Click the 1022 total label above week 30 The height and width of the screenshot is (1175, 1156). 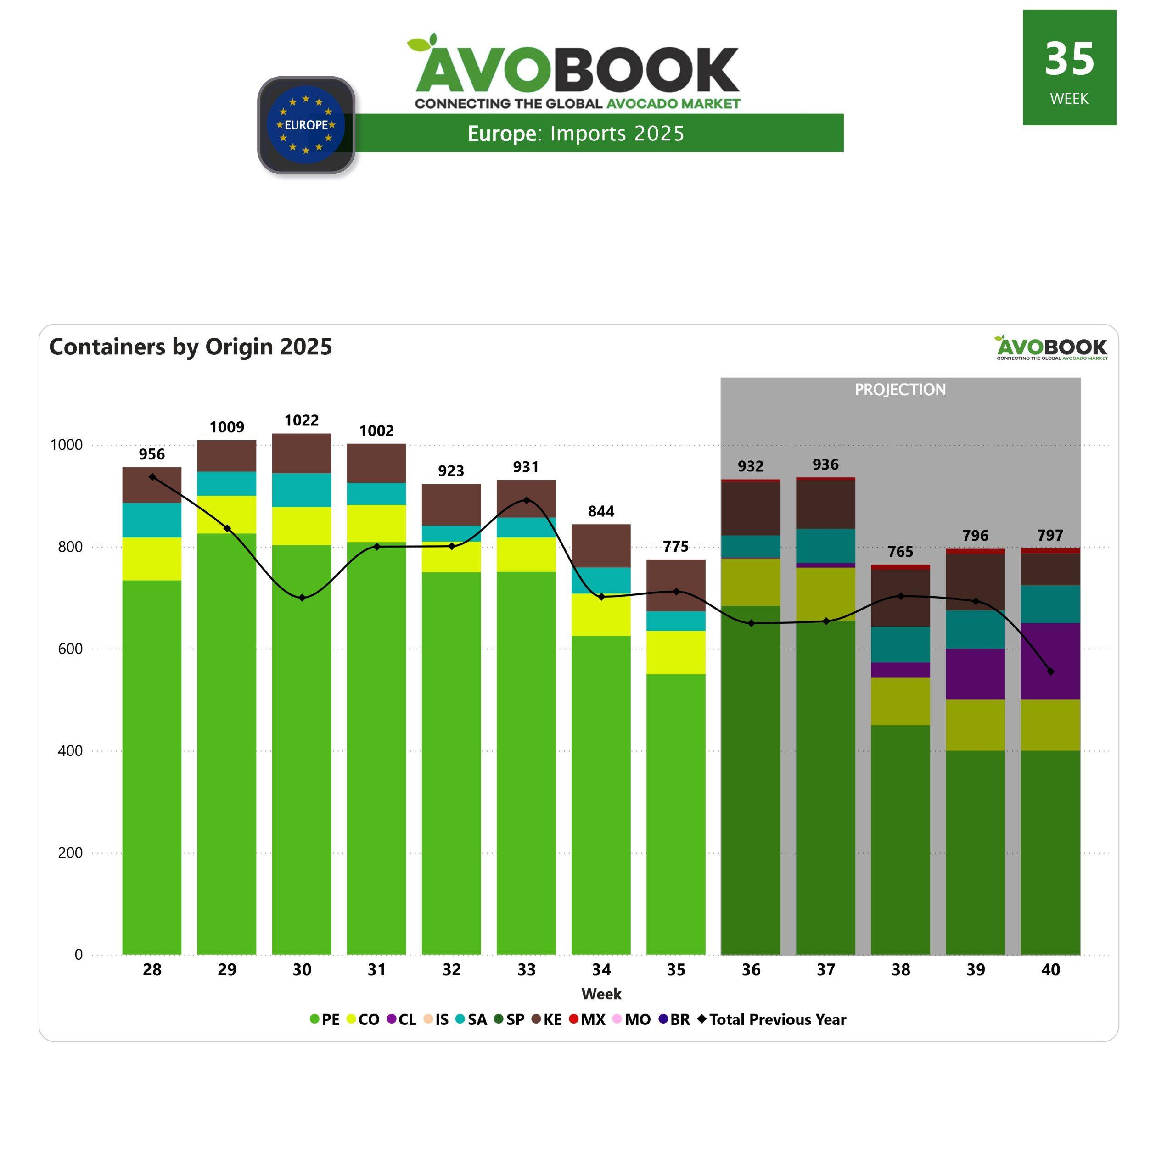[x=302, y=420]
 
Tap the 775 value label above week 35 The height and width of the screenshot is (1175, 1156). [x=676, y=547]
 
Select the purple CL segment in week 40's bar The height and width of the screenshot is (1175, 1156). [x=1050, y=661]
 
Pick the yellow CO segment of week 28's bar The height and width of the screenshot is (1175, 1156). [x=152, y=559]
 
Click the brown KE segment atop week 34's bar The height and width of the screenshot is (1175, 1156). [x=601, y=546]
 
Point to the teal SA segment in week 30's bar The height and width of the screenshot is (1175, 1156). [x=302, y=490]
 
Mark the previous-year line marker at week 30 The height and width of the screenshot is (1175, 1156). [x=302, y=598]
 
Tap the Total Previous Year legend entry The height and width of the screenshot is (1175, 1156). [x=772, y=1019]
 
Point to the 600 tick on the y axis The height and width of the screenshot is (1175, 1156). [x=70, y=649]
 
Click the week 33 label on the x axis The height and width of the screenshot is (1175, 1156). [x=527, y=970]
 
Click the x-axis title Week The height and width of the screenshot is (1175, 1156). [x=601, y=994]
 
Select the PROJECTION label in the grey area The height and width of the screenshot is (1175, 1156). [x=900, y=390]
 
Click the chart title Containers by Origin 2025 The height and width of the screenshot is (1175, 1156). [x=191, y=347]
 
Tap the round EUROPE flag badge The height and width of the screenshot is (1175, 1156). [x=306, y=125]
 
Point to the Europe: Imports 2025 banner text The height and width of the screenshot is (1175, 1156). [x=576, y=134]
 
